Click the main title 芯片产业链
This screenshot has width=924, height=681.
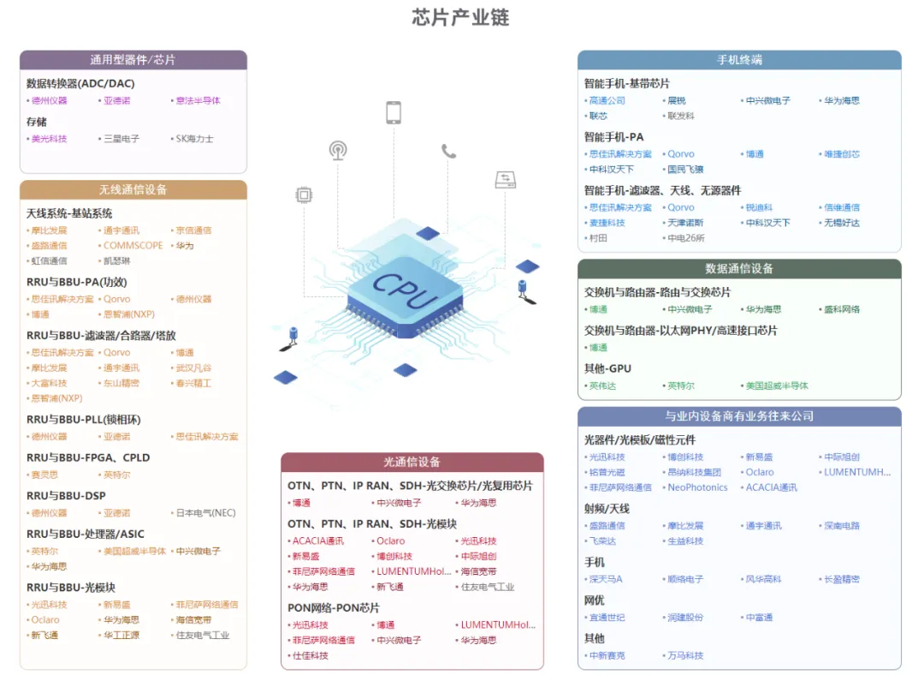[x=460, y=18]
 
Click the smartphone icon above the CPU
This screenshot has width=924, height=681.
[x=394, y=112]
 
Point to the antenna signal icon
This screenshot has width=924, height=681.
[x=338, y=151]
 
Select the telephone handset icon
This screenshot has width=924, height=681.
[x=449, y=151]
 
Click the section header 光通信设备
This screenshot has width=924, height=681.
[x=412, y=462]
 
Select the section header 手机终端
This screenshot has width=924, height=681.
[x=739, y=60]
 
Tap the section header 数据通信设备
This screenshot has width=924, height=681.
[x=739, y=268]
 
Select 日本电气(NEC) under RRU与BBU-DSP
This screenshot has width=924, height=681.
[x=205, y=513]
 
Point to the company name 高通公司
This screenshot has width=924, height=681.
[x=607, y=100]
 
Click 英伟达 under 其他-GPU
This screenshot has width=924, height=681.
[x=602, y=385]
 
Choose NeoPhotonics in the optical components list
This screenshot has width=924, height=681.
[x=697, y=487]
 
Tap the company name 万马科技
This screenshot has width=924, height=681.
[x=685, y=655]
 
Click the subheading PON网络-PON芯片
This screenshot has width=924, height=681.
[x=334, y=607]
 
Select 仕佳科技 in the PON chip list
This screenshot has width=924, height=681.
[x=311, y=655]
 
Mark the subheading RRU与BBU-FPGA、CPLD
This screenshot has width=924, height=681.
[x=89, y=457]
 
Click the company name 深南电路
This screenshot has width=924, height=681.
[x=842, y=526]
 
